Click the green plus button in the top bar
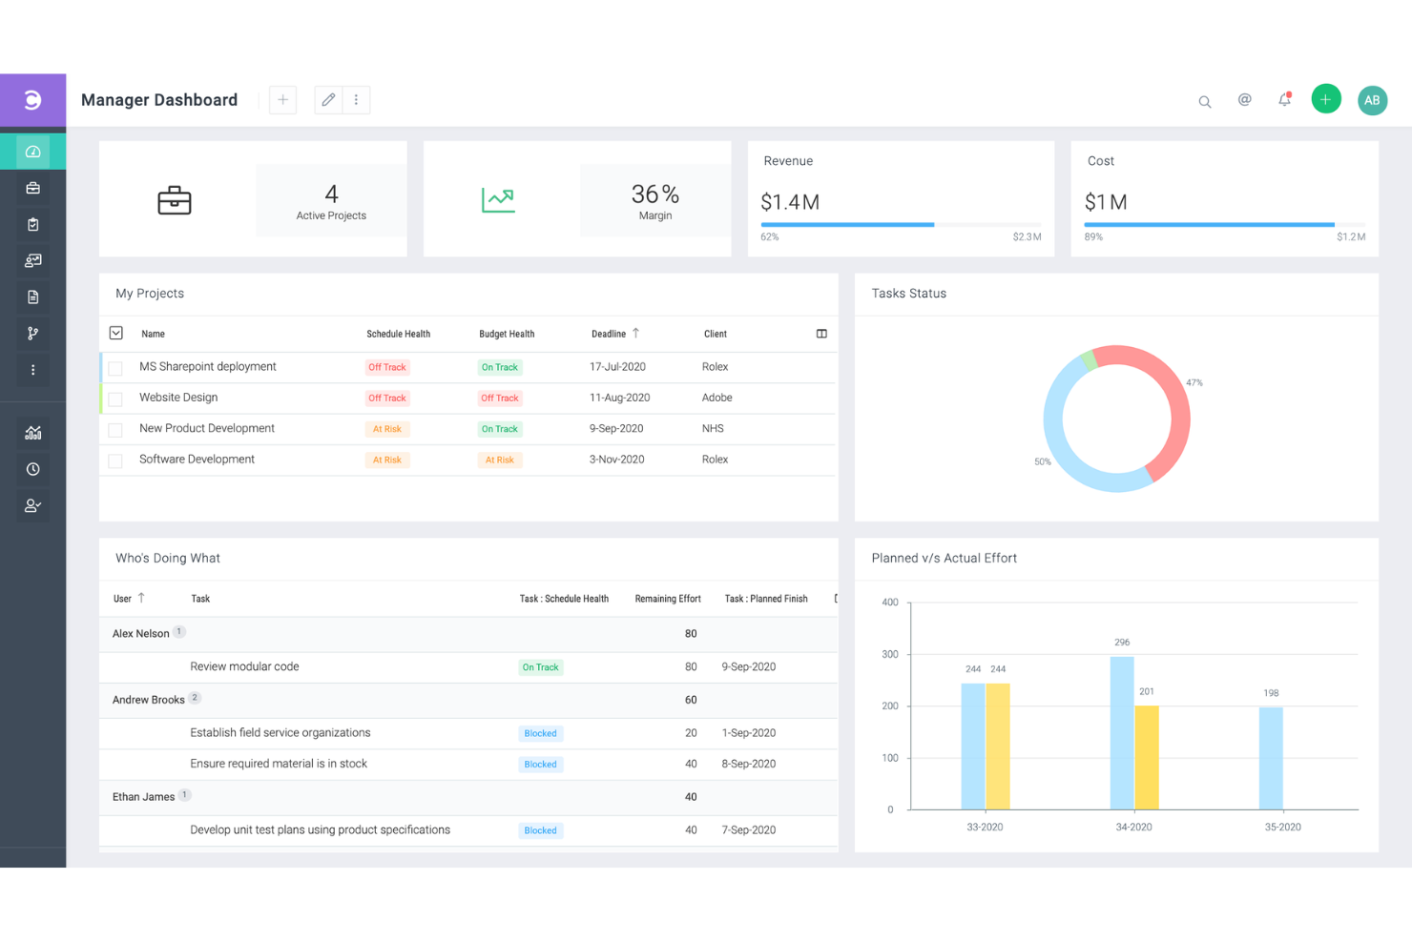1325,99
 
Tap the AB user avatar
1372,100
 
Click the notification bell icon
1284,100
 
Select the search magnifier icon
1205,102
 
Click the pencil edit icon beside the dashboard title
328,100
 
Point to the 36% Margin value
654,194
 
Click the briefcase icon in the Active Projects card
175,200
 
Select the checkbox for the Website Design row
115,399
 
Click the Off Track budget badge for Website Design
500,399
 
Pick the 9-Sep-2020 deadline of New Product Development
616,429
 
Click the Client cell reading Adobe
717,398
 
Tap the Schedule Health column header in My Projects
398,335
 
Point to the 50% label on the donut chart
1043,462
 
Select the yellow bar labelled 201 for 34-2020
1147,757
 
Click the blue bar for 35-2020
1271,758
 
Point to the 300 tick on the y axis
890,655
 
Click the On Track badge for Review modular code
540,667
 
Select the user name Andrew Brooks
149,700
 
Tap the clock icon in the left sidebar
32,469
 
